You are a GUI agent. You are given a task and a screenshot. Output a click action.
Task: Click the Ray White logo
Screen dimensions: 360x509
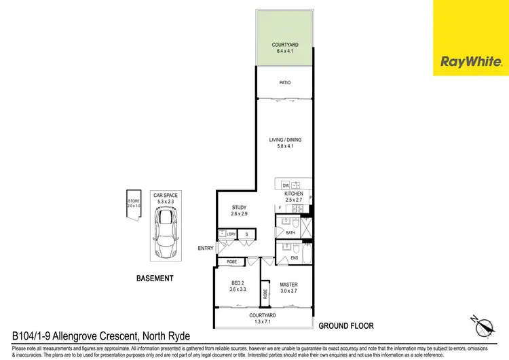pos(471,62)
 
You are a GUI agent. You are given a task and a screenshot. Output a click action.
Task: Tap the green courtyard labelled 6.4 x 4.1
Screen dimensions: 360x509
pos(284,39)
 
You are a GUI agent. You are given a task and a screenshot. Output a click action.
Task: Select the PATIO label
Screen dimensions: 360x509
pos(285,83)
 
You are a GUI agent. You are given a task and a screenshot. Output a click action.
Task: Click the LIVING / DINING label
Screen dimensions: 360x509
pos(285,140)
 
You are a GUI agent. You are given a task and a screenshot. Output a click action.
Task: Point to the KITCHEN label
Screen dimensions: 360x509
pos(294,194)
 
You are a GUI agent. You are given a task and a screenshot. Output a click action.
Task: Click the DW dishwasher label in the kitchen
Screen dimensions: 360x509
pos(286,185)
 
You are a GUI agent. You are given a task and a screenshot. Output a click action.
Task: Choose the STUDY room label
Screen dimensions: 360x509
pos(238,208)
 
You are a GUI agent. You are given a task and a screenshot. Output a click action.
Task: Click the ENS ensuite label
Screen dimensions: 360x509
pos(294,257)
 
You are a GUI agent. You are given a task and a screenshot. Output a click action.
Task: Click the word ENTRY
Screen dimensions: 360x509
pos(206,249)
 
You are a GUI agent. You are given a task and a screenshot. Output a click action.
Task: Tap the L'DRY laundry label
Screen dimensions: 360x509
pos(231,234)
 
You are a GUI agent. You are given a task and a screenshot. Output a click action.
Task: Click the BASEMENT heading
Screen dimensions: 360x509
pos(155,278)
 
